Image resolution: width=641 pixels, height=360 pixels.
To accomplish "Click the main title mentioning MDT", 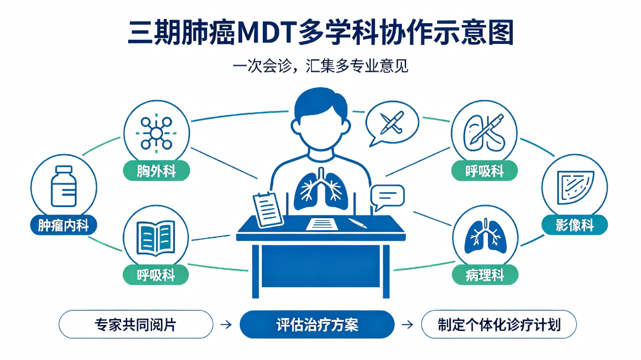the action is point(320,32).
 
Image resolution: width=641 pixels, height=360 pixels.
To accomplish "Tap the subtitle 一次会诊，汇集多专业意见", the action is point(320,66).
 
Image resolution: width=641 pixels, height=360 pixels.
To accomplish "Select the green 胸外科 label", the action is point(156,171).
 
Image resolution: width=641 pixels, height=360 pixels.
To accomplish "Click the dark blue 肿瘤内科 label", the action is point(64,225).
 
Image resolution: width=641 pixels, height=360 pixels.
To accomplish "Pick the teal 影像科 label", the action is point(575,225).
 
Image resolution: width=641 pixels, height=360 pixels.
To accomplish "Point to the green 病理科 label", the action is point(485,275).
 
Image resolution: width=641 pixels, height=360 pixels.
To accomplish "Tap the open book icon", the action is point(156,238).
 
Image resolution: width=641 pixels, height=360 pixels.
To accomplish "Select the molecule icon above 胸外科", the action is point(156,133).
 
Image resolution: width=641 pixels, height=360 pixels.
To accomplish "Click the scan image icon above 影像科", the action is point(575,187).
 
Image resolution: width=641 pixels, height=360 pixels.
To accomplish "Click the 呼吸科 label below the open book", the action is point(156,275).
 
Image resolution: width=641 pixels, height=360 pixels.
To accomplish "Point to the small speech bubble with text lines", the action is point(387,197).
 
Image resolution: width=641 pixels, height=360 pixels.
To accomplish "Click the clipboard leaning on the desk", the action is point(268,210).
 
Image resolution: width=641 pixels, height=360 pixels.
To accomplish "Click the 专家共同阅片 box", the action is point(136,324).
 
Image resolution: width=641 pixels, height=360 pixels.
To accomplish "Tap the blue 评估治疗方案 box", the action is point(317,324).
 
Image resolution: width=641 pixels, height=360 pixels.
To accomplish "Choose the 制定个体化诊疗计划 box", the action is point(499,324).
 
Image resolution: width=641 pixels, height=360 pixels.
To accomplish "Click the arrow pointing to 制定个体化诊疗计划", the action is point(408,324).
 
